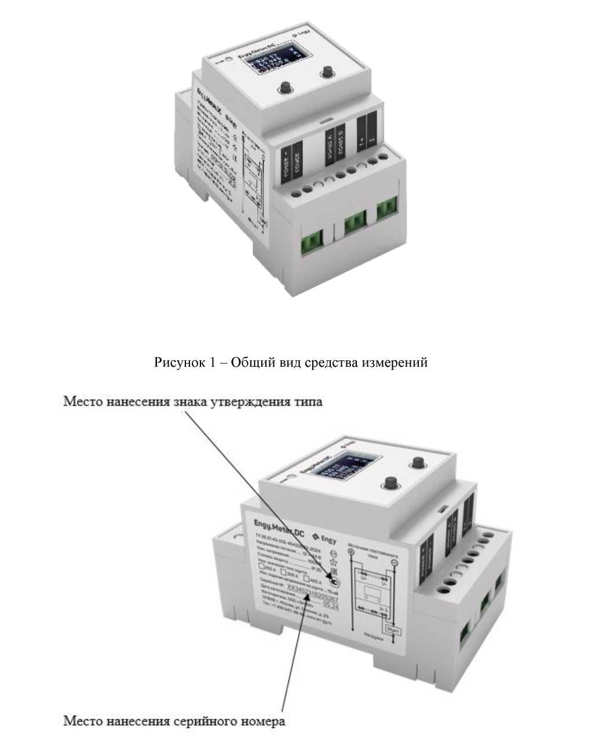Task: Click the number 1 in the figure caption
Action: pos(210,363)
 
